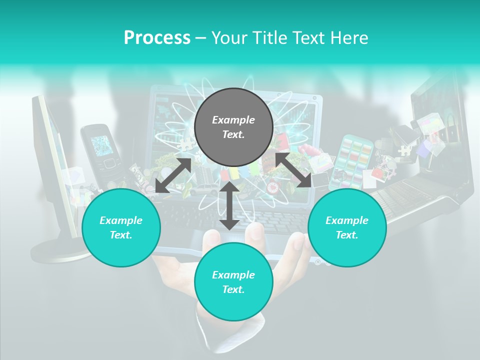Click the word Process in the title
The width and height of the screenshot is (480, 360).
157,38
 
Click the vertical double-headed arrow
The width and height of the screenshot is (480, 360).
229,205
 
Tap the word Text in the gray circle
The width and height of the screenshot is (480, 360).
233,134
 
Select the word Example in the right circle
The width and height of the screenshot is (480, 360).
347,220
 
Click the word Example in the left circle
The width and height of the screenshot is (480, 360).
121,220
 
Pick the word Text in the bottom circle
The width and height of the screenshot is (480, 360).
233,289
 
